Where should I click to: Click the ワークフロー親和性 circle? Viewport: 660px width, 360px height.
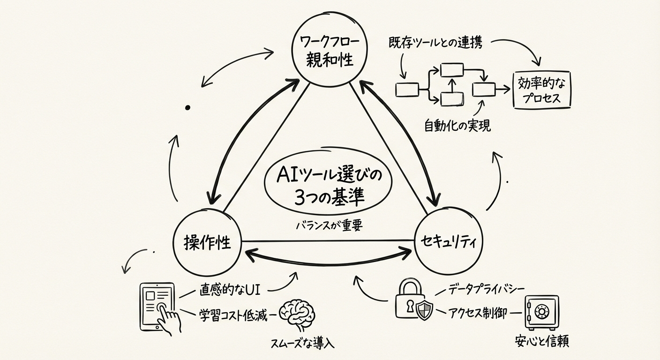pyautogui.click(x=329, y=51)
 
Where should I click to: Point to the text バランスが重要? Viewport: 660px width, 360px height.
pyautogui.click(x=324, y=225)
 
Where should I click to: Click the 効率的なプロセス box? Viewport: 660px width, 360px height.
pyautogui.click(x=543, y=90)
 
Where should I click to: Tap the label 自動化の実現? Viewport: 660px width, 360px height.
pyautogui.click(x=457, y=125)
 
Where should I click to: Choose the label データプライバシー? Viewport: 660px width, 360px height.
pyautogui.click(x=485, y=288)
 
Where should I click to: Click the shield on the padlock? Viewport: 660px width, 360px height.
pyautogui.click(x=424, y=310)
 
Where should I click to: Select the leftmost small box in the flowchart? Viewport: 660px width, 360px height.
pyautogui.click(x=406, y=89)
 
